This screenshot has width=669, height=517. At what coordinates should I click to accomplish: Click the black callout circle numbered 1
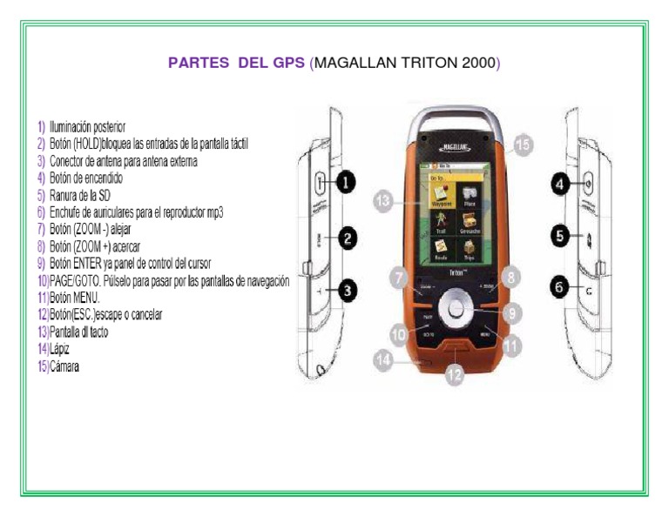[x=346, y=182]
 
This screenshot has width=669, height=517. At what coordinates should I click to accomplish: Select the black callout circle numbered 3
[x=347, y=292]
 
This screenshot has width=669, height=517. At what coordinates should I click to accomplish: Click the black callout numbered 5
[x=560, y=235]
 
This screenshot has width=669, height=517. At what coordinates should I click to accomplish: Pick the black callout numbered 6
[x=560, y=285]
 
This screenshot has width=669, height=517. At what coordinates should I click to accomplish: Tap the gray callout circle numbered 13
[x=384, y=201]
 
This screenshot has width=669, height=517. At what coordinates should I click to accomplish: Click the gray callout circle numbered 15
[x=521, y=145]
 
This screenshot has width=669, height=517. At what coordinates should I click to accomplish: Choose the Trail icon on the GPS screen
[x=440, y=225]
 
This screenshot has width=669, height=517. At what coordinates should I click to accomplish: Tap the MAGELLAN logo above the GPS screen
[x=455, y=149]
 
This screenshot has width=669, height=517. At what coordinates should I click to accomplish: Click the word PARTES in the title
[x=199, y=64]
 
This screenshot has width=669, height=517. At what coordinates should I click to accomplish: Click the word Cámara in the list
[x=64, y=366]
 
